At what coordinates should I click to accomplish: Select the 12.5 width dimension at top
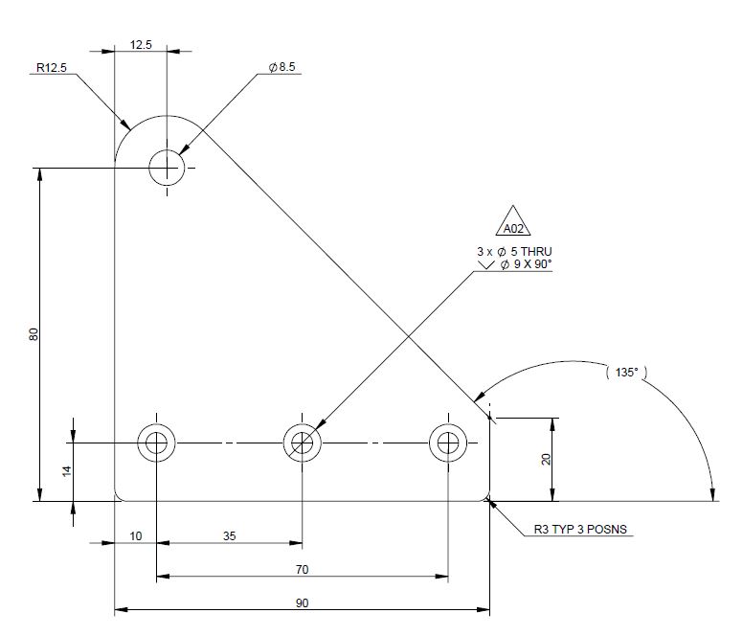(x=141, y=44)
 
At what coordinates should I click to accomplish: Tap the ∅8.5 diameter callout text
(x=282, y=67)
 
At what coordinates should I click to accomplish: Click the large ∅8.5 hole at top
(x=167, y=169)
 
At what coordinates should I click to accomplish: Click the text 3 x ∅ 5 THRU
(x=514, y=251)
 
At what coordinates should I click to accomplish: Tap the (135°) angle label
(x=625, y=372)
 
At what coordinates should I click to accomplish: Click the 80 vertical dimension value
(x=34, y=335)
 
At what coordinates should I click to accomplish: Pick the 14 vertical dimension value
(x=66, y=470)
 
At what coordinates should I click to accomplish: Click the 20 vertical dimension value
(x=546, y=459)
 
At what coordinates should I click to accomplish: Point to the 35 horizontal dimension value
(x=230, y=536)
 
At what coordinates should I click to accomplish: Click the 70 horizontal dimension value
(x=302, y=570)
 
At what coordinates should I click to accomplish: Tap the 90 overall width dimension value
(x=302, y=602)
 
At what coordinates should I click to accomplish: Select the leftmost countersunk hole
(x=156, y=443)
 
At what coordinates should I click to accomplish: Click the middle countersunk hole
(x=303, y=443)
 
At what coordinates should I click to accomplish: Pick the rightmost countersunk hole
(x=447, y=443)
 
